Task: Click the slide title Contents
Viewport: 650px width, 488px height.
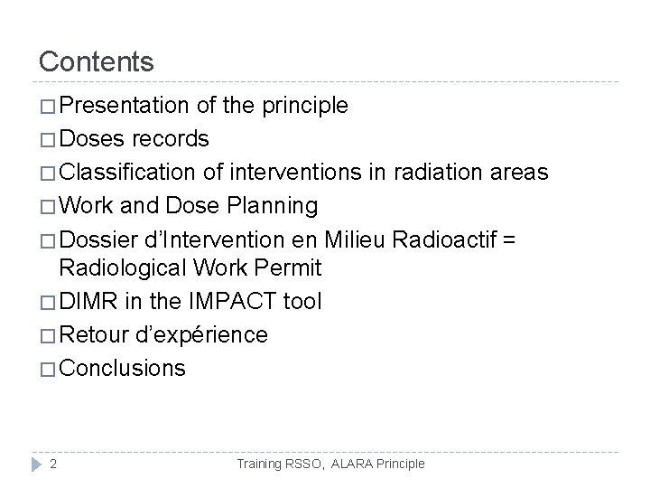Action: pos(97,61)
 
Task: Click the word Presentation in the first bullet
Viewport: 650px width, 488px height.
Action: pos(126,107)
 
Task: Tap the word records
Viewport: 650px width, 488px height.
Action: pos(171,139)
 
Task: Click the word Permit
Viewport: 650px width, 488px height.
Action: pos(290,268)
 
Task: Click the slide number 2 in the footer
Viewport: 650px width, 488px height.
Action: pos(54,464)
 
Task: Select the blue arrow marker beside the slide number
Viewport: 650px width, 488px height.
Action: pos(34,464)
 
